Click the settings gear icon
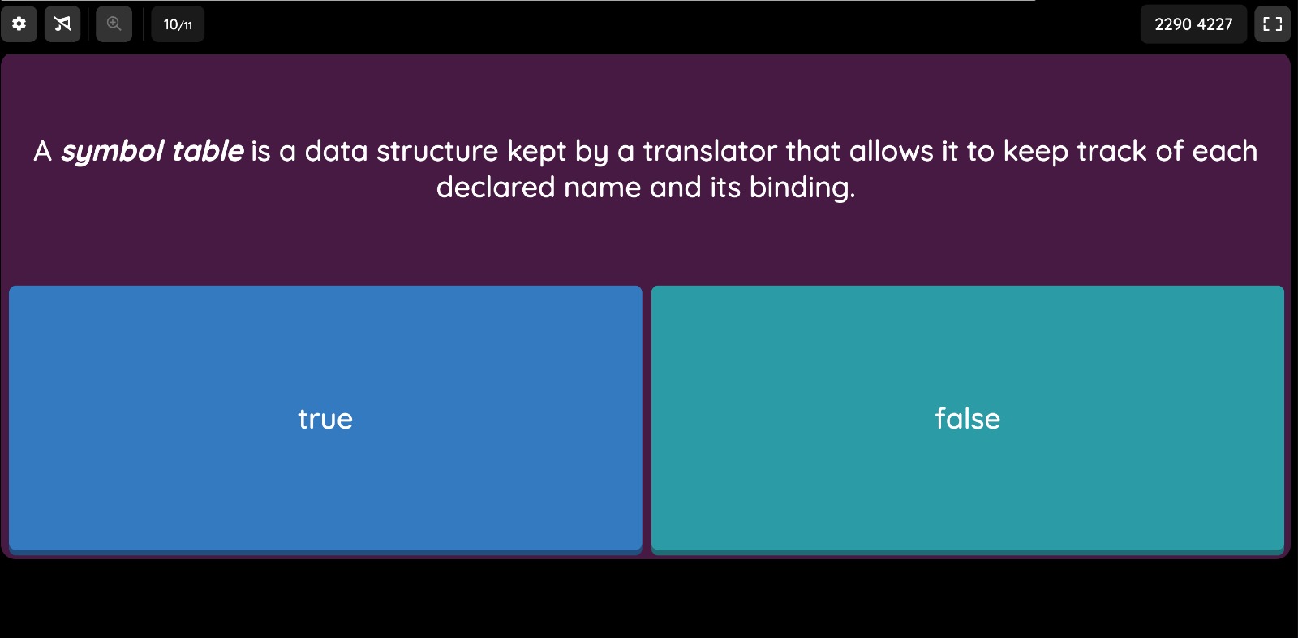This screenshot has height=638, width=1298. pos(19,24)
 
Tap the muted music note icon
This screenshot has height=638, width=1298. pos(62,24)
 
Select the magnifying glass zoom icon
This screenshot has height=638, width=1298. pos(114,24)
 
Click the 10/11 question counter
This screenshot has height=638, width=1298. pos(178,24)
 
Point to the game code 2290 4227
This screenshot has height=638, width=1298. pos(1193,24)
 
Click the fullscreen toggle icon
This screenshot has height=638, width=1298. pos(1273,24)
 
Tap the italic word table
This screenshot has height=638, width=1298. pos(208,151)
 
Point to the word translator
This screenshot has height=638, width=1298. pos(710,151)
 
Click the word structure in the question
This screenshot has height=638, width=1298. pos(437,151)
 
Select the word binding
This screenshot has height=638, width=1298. pos(802,188)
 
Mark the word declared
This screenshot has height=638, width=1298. pos(496,188)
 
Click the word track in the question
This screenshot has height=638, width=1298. pos(1111,151)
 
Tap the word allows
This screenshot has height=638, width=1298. pos(892,151)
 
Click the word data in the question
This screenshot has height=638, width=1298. pos(336,151)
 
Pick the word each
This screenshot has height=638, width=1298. pos(1224,151)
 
